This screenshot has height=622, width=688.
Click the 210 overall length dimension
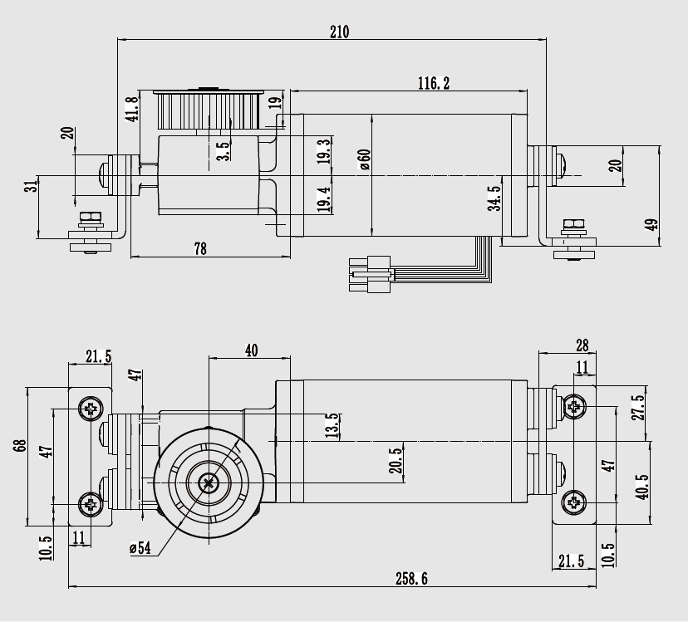tap(339, 32)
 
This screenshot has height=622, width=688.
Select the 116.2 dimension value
tap(434, 83)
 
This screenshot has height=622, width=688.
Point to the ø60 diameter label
tap(364, 159)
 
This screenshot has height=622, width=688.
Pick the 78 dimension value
tap(199, 247)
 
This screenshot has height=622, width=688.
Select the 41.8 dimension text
tap(131, 109)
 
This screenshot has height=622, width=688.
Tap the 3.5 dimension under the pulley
tap(223, 150)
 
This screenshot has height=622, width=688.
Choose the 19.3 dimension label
tap(323, 151)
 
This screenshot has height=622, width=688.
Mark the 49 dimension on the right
tap(651, 224)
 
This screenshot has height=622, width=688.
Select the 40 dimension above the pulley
tap(251, 350)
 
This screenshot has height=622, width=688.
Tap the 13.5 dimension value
tap(332, 425)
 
